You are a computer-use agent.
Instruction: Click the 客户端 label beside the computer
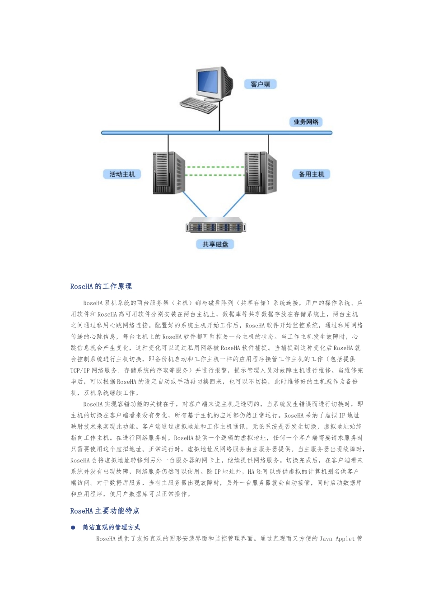click(x=260, y=84)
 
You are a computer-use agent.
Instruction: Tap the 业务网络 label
click(x=306, y=122)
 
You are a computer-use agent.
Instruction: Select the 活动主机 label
click(x=122, y=174)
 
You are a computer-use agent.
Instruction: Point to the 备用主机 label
click(x=311, y=174)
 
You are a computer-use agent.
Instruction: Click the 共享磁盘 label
click(x=215, y=244)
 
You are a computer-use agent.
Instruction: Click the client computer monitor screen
click(x=209, y=82)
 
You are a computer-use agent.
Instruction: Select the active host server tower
click(x=168, y=173)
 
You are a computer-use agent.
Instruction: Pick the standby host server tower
click(x=260, y=173)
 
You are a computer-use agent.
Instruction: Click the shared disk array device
click(x=216, y=226)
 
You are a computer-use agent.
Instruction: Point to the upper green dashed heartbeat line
click(x=215, y=167)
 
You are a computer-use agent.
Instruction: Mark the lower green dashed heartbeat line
click(x=215, y=175)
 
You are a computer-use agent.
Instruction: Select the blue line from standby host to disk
click(x=234, y=205)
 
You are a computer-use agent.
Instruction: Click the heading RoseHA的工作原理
click(x=101, y=286)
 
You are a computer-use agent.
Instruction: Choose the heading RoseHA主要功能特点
click(x=105, y=511)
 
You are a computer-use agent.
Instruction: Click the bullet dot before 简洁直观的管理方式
click(x=73, y=528)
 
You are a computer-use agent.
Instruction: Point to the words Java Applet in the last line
click(x=337, y=539)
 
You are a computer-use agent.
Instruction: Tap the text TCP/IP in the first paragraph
click(x=80, y=370)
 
